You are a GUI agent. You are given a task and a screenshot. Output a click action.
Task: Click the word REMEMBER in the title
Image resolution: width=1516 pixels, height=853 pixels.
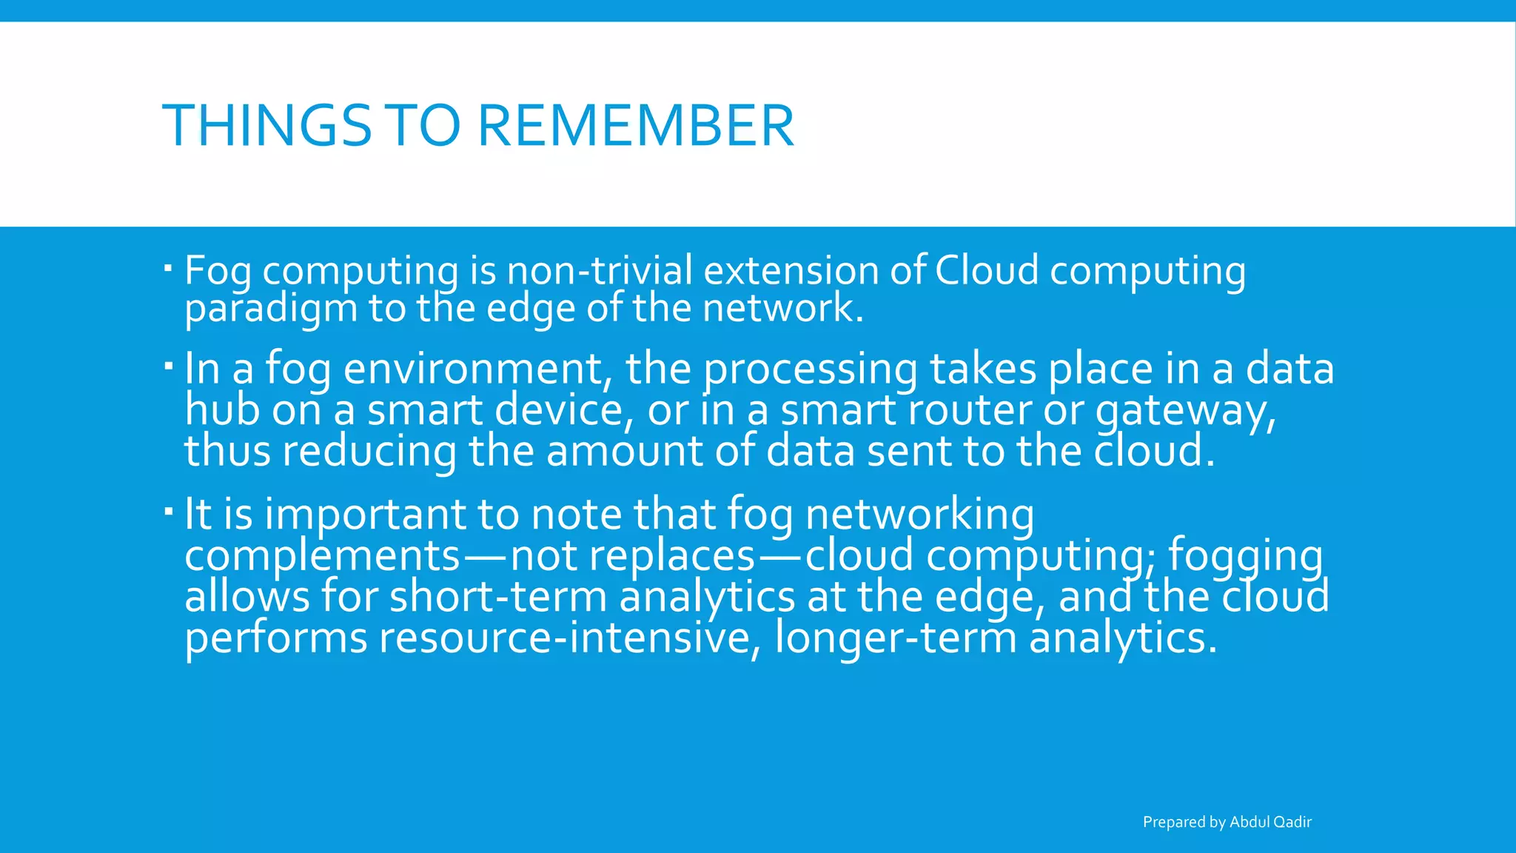click(x=636, y=126)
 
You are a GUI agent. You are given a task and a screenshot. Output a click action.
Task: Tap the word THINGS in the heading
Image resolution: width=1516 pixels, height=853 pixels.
click(x=266, y=126)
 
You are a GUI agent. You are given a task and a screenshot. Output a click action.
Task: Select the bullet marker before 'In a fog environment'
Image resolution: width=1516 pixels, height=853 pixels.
click(x=168, y=364)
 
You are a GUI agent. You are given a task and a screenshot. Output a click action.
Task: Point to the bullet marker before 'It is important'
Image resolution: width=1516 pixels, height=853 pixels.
click(x=168, y=510)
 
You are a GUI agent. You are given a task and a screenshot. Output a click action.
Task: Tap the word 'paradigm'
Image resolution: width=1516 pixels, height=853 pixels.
click(x=271, y=310)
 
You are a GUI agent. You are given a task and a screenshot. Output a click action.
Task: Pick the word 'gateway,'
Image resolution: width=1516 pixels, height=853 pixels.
click(x=1186, y=412)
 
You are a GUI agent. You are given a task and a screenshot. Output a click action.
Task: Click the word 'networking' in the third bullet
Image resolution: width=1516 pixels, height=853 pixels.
click(x=919, y=515)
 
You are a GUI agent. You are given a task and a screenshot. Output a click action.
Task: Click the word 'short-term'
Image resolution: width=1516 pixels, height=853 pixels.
click(x=498, y=597)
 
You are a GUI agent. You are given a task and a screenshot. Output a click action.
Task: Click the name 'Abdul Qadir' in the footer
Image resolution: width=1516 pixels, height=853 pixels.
click(x=1270, y=822)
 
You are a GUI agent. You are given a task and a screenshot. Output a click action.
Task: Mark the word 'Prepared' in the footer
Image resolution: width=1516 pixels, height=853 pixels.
click(x=1174, y=823)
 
